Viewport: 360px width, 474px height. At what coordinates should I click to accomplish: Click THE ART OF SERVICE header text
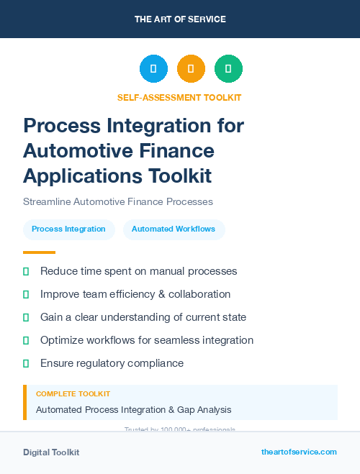tap(180, 19)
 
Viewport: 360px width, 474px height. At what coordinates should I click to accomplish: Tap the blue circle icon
tap(153, 69)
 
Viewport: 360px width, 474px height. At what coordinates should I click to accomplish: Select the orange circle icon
tap(191, 69)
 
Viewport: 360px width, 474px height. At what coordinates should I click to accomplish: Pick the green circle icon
tap(228, 69)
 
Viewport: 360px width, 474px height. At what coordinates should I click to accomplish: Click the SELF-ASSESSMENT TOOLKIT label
tap(179, 97)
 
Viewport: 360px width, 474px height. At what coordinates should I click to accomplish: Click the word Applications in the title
tap(81, 176)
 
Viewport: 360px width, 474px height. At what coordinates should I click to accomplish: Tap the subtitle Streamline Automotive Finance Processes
tap(118, 201)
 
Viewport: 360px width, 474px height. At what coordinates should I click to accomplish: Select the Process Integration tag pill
tap(69, 229)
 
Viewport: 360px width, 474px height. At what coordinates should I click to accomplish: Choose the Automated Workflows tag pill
tap(174, 229)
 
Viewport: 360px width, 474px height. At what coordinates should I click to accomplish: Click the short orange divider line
tap(39, 252)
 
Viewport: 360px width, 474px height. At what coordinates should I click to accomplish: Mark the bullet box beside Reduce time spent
tap(26, 272)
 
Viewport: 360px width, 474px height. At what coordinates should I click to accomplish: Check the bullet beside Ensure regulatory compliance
tap(26, 364)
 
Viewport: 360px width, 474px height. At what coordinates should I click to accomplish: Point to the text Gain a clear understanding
tap(101, 317)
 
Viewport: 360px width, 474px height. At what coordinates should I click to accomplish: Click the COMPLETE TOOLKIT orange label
tap(73, 394)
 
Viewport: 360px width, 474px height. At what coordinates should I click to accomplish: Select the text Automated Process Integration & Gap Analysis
tap(134, 409)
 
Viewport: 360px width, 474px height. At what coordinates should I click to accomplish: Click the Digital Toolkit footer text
tap(51, 452)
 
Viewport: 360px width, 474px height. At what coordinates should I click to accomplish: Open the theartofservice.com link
tap(299, 452)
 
